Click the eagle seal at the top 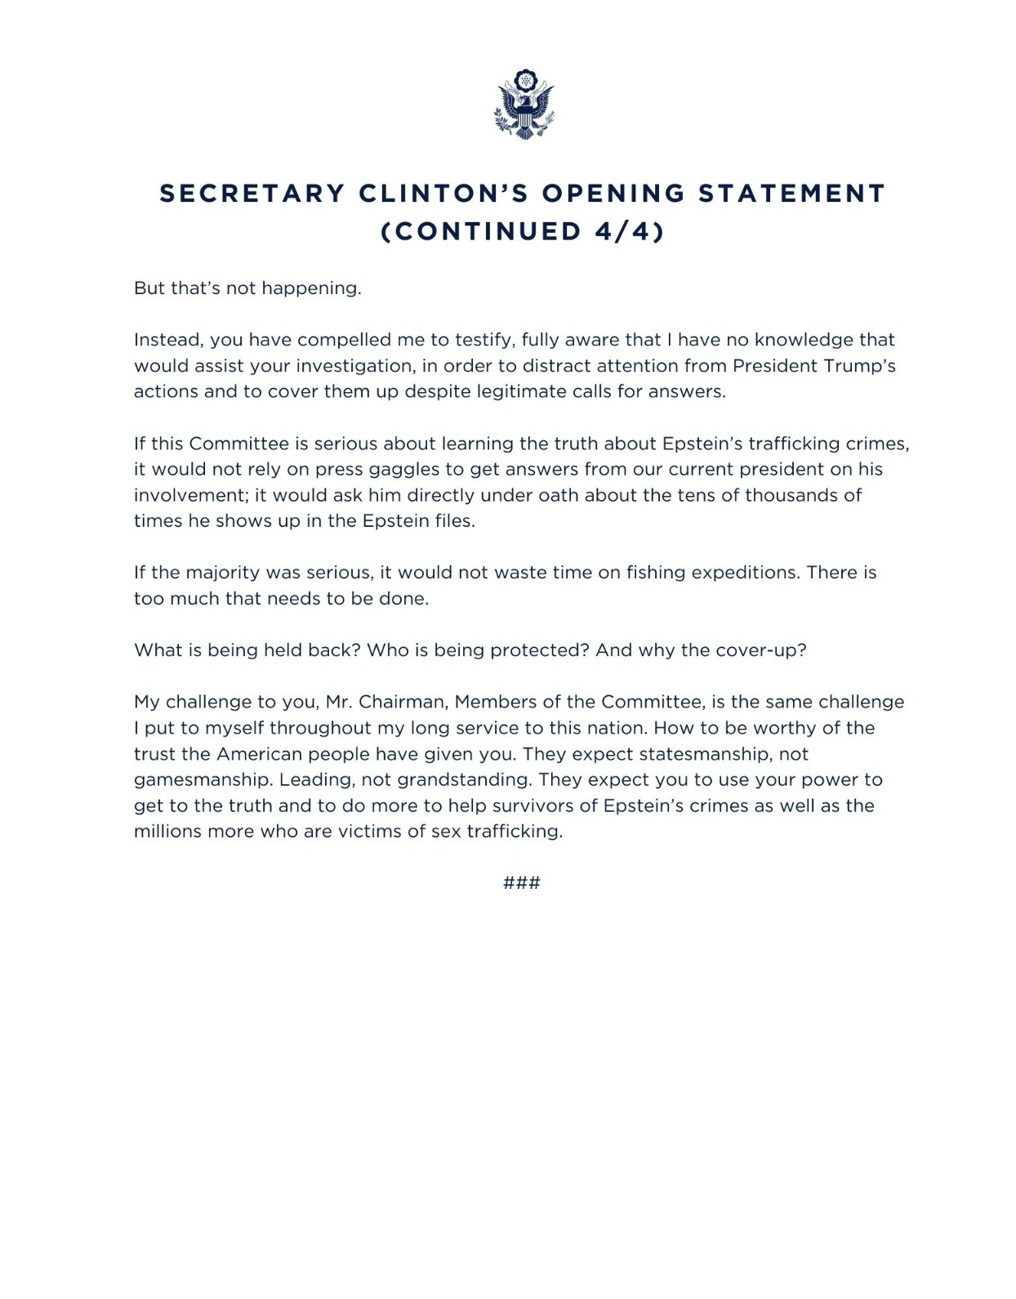[524, 104]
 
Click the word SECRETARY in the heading [252, 194]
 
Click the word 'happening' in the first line [314, 289]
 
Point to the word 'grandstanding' [462, 780]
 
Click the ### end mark [522, 883]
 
